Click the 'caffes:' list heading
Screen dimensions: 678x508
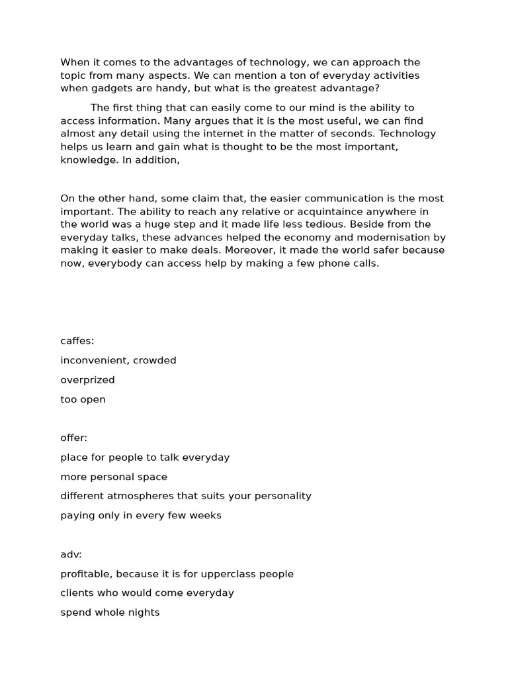coord(77,341)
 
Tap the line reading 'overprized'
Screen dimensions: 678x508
coord(87,380)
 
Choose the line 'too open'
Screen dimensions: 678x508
coord(83,399)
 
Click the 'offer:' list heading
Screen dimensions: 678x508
coord(74,438)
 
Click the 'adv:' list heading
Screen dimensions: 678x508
coord(71,554)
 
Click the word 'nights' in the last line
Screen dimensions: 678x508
coord(144,612)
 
